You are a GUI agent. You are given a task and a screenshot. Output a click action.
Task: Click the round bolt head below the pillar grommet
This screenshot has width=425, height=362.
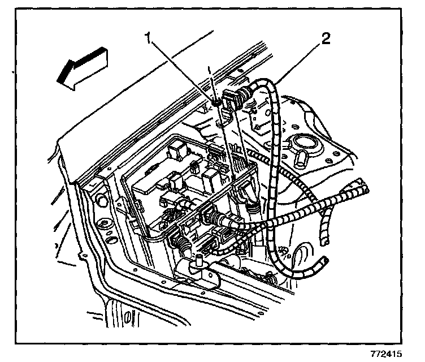105,226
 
